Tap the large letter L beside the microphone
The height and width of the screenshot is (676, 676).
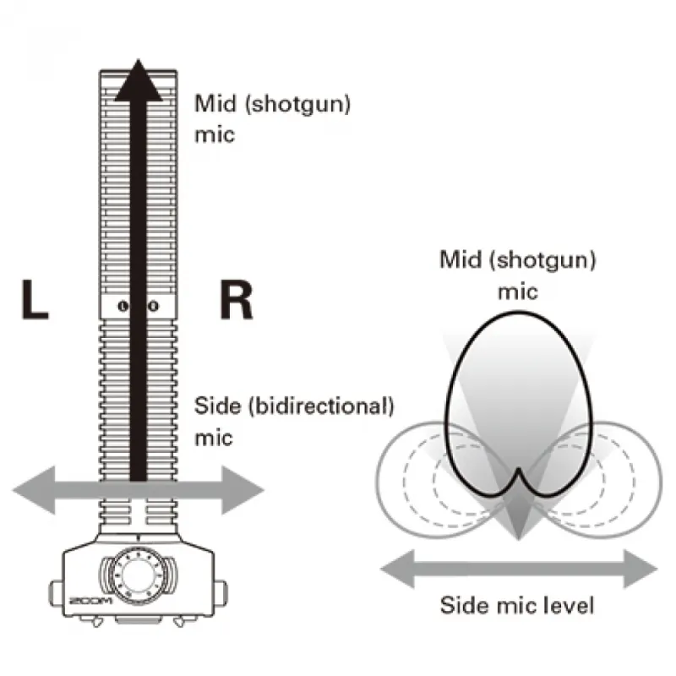pyautogui.click(x=33, y=302)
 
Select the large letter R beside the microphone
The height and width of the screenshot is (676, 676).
pyautogui.click(x=236, y=302)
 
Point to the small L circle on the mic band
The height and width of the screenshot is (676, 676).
pyautogui.click(x=125, y=306)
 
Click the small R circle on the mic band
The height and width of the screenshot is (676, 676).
pyautogui.click(x=153, y=306)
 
